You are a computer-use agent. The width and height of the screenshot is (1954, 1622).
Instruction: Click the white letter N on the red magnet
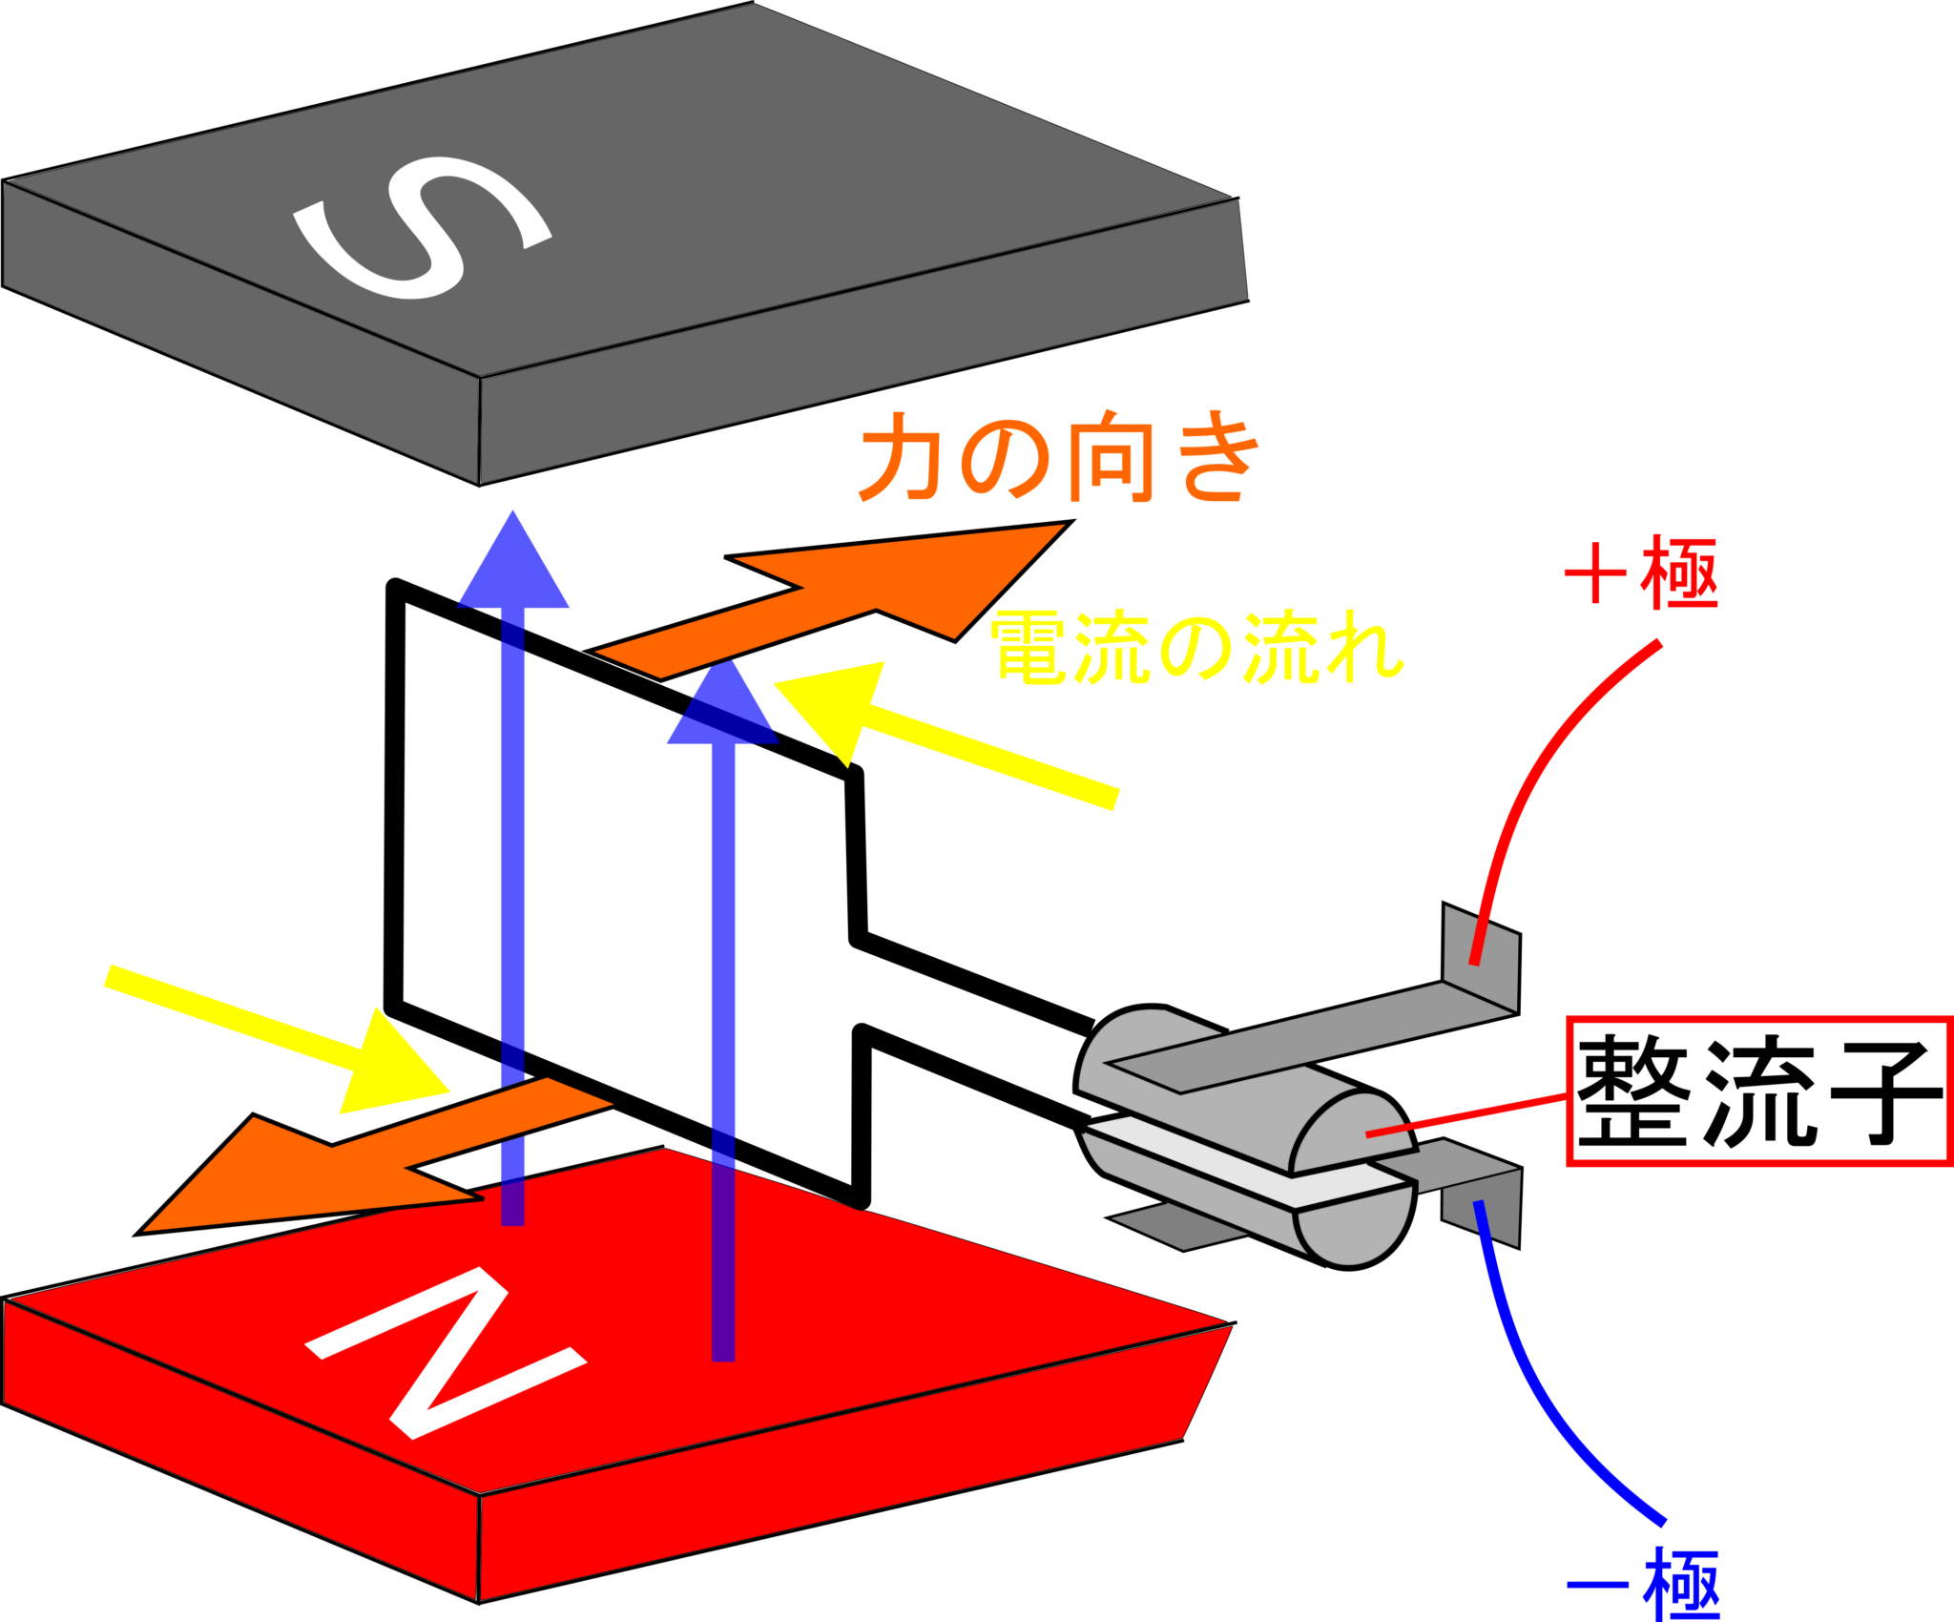(446, 1353)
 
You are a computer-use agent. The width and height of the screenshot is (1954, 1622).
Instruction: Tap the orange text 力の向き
(1059, 457)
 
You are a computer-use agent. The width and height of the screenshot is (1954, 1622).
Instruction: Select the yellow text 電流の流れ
(1196, 648)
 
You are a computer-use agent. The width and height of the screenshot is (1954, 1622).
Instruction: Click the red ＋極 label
(1642, 573)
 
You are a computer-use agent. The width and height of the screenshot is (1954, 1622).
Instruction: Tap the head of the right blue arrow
(723, 706)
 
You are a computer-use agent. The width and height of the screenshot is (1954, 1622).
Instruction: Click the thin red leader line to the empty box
(1469, 1116)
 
